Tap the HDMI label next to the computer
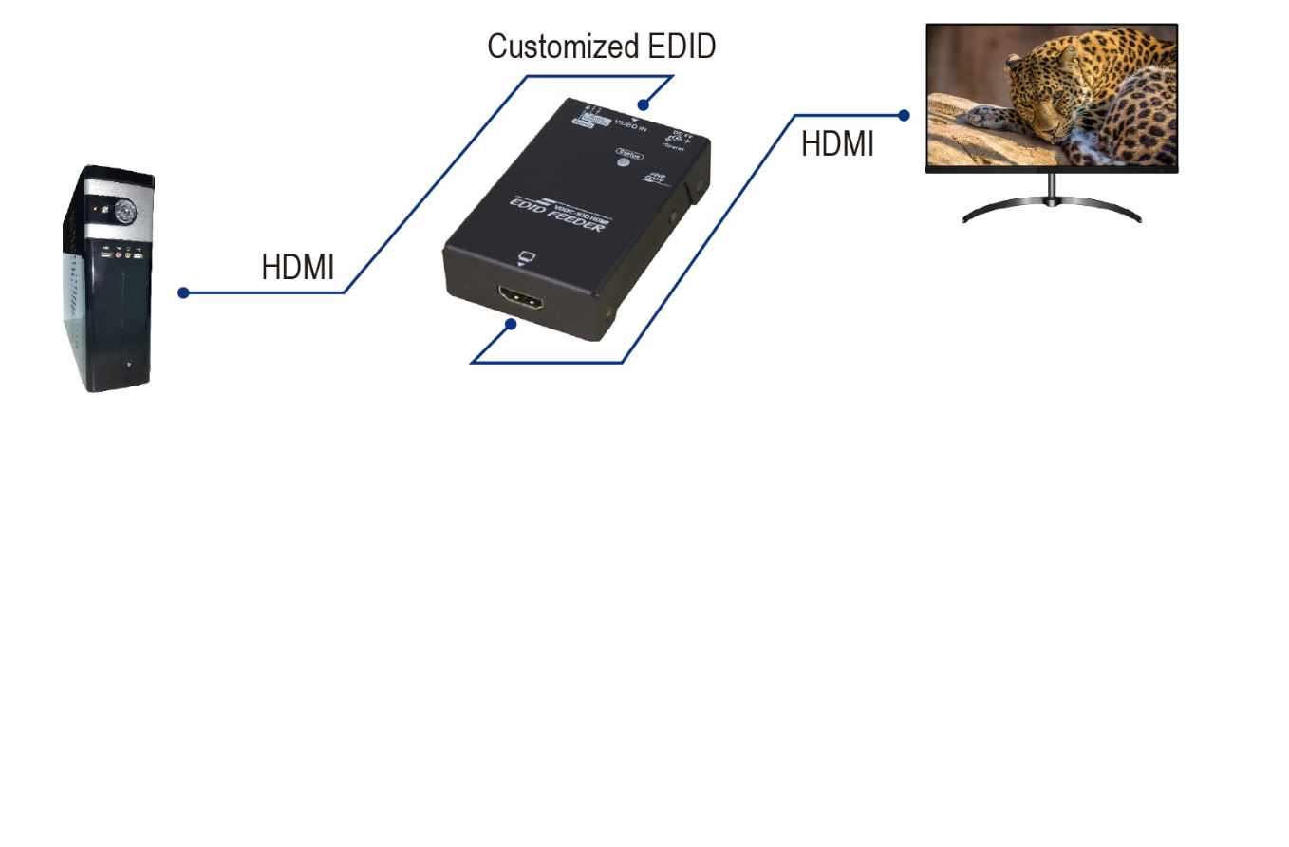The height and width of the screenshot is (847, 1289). [297, 268]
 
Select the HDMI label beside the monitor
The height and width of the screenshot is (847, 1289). [837, 143]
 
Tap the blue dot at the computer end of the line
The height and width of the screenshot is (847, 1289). [183, 292]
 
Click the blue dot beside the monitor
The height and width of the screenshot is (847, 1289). [904, 115]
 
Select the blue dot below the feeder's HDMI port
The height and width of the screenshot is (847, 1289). [511, 325]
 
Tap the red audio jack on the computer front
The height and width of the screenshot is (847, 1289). [119, 254]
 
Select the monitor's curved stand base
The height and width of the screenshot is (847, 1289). [1052, 211]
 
